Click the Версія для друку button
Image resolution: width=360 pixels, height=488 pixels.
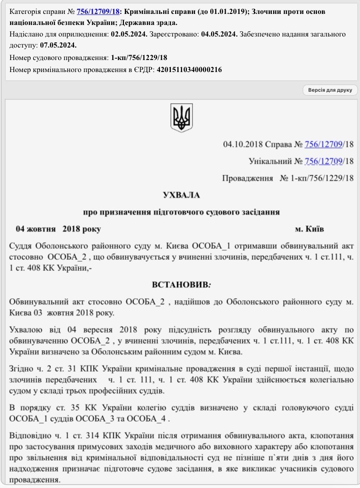click(330, 90)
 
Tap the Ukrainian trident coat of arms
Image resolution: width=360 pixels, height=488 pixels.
click(181, 118)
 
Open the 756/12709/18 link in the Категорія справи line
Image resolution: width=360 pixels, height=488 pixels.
click(98, 12)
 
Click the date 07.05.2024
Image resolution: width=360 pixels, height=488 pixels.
click(59, 45)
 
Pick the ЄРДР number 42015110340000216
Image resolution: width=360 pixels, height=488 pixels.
click(189, 70)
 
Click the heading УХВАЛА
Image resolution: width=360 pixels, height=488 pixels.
click(181, 195)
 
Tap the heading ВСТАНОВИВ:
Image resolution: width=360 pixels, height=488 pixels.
click(181, 284)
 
